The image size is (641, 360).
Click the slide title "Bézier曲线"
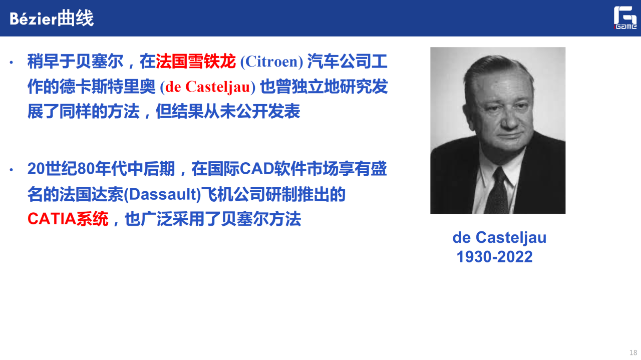(52, 19)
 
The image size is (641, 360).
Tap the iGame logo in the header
(625, 18)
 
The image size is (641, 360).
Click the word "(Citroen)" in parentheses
(271, 62)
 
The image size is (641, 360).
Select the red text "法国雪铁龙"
(196, 62)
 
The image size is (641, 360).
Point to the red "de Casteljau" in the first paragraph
(208, 87)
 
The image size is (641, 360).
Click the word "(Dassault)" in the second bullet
(163, 194)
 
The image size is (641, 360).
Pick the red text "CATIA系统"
(68, 219)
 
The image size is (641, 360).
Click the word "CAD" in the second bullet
(256, 169)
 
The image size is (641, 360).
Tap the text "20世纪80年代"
(77, 169)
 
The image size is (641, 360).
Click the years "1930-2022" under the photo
(494, 257)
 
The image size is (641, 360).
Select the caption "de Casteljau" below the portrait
(499, 237)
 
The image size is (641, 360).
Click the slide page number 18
(633, 352)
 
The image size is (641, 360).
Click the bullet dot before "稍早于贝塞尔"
(12, 62)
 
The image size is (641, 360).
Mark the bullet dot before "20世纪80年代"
(12, 170)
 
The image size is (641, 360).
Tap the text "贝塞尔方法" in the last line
(261, 219)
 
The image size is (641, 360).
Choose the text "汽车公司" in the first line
(339, 62)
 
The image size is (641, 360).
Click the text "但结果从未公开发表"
(228, 111)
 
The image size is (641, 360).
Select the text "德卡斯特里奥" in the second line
(92, 87)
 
